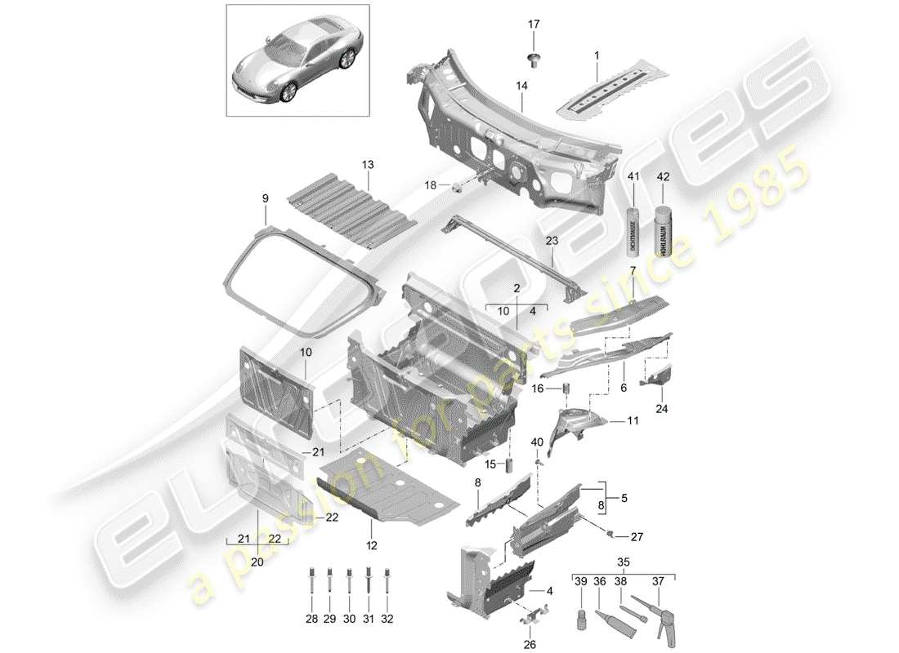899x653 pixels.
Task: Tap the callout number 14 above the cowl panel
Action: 521,86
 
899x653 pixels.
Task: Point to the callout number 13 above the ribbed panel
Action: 368,165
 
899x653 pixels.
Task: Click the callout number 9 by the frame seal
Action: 265,198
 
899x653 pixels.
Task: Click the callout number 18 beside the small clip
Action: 431,186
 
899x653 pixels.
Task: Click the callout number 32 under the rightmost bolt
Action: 387,620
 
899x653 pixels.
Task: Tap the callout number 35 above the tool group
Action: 623,562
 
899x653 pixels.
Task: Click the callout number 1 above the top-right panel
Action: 596,55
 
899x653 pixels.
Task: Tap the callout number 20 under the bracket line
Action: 258,562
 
